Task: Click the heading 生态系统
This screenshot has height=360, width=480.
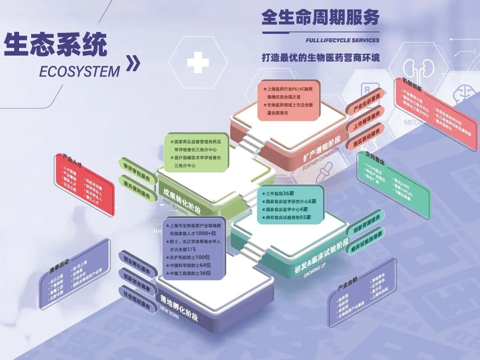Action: pyautogui.click(x=56, y=45)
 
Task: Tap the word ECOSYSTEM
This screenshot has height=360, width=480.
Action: pyautogui.click(x=80, y=71)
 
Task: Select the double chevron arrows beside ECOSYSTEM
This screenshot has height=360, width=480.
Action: pyautogui.click(x=133, y=64)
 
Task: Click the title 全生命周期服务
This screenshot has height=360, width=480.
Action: pyautogui.click(x=320, y=18)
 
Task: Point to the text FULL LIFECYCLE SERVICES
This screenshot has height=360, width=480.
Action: pyautogui.click(x=342, y=40)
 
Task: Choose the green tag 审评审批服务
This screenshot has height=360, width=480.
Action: pyautogui.click(x=137, y=169)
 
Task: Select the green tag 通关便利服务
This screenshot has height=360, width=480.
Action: pyautogui.click(x=137, y=187)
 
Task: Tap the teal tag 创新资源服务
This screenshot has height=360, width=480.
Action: pyautogui.click(x=367, y=225)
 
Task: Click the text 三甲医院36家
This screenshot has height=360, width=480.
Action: pyautogui.click(x=280, y=193)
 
